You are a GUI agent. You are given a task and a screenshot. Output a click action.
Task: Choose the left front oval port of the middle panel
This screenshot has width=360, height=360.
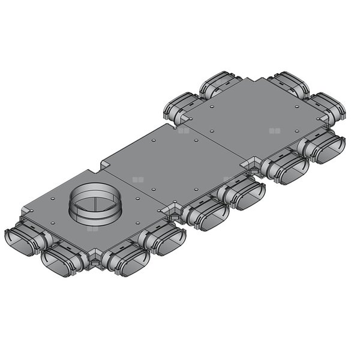pos(204,215)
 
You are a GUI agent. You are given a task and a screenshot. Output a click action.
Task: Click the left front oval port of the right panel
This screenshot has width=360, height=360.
pos(287,169)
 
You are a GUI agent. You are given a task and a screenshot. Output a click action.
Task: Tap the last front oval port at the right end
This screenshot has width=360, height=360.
pos(324,148)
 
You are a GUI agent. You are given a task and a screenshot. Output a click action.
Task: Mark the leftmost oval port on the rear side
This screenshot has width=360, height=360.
pos(180,107)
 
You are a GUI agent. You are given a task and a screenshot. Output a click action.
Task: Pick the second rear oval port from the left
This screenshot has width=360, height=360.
pos(219,85)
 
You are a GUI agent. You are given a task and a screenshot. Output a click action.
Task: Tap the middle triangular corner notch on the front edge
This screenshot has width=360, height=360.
pos(174,210)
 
